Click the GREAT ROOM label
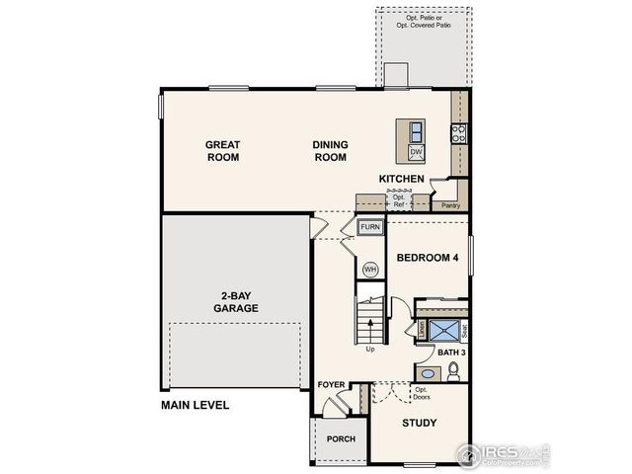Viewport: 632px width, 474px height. pos(222,150)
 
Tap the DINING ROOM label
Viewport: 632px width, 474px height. pos(330,150)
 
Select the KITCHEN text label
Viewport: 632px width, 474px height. pos(402,179)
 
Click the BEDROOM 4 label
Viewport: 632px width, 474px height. pos(428,258)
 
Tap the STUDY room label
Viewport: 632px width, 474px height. pos(420,423)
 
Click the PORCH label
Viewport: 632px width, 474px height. pos(341,439)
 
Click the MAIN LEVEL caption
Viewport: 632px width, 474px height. pos(196,405)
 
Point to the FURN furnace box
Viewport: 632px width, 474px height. pos(369,227)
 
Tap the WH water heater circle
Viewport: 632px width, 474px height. pos(370,269)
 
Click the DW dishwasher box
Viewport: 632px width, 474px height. pos(416,151)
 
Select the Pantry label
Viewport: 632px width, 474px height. pos(450,205)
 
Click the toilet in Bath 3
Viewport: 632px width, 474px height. pos(452,372)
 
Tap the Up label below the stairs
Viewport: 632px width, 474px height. pos(370,348)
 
